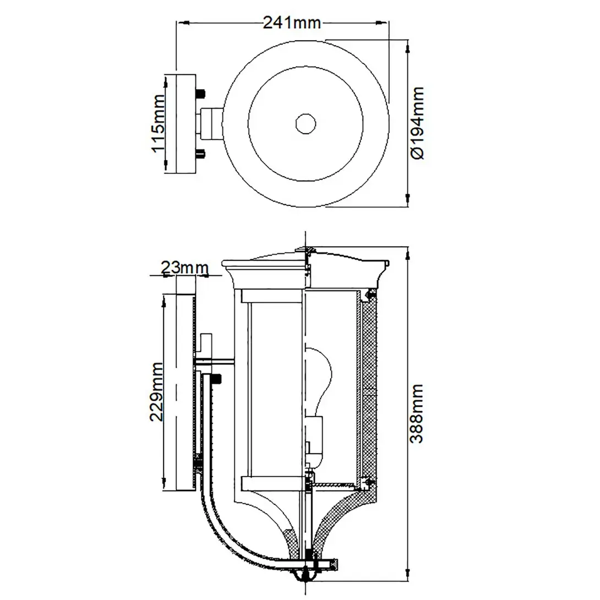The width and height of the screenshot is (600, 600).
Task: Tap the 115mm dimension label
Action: tap(158, 123)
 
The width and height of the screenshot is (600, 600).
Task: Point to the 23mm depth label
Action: tap(185, 268)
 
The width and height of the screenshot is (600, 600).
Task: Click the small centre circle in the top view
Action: tap(305, 123)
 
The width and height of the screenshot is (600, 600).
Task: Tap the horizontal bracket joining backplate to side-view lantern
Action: tap(215, 362)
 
